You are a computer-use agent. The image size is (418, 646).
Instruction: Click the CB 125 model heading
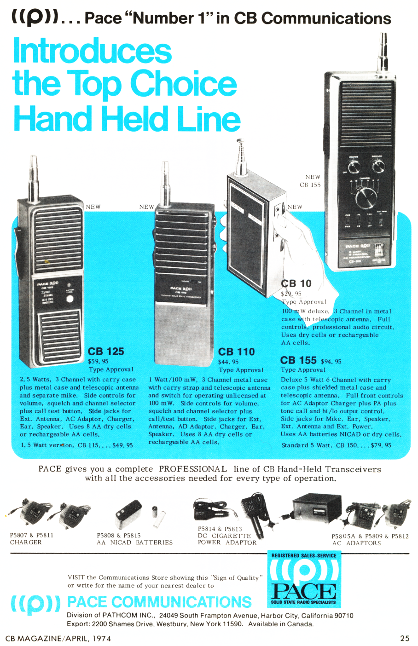coord(106,352)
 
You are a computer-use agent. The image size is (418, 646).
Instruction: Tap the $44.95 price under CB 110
coord(228,362)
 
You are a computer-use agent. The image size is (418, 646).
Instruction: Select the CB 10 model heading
coord(296,284)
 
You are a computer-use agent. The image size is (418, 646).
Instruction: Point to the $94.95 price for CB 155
coord(331,362)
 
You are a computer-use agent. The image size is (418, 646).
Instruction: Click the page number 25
coord(405,638)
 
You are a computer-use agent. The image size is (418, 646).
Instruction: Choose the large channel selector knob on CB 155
coord(366,198)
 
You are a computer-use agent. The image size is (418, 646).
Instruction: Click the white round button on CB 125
coord(70,299)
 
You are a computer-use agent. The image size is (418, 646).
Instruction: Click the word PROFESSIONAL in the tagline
coord(193,469)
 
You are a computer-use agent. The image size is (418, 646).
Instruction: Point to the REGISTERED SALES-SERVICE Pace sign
coord(304,580)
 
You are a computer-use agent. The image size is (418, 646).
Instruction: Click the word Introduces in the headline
coord(92,51)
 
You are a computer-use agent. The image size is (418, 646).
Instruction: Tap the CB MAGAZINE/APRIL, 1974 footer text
coord(58,638)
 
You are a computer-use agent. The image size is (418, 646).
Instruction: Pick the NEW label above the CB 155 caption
coord(313,177)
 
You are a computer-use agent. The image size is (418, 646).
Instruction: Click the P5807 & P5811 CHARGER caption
coord(31,539)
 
